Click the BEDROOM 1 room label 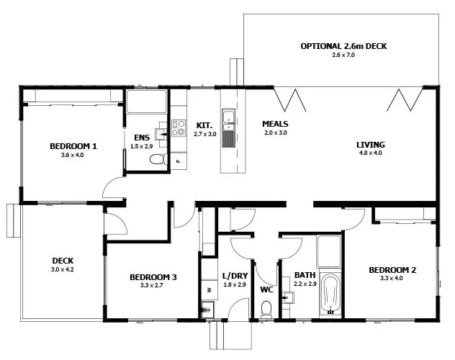(73, 146)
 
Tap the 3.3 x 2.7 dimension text (151, 285)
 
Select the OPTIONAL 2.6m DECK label (343, 46)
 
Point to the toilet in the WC (266, 309)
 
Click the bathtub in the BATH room (330, 294)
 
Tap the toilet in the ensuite (158, 159)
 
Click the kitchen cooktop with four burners (179, 128)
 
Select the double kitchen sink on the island (229, 120)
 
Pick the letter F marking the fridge (178, 161)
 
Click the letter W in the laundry (209, 289)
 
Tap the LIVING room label (371, 145)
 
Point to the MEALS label (275, 124)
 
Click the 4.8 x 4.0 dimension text (371, 153)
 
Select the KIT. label (204, 125)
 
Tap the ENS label (142, 138)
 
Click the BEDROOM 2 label (392, 270)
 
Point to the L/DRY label (235, 276)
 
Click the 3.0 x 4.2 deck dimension (63, 269)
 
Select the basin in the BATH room (287, 297)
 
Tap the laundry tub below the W (207, 309)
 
